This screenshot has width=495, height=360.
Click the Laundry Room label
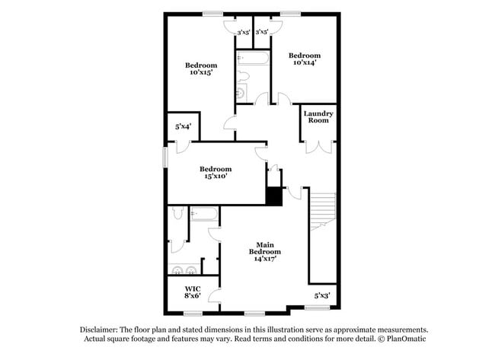tap(318, 117)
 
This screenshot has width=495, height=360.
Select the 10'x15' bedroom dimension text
tap(201, 73)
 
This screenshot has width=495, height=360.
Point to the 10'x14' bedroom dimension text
tap(304, 63)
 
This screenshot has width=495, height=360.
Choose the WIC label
tap(193, 288)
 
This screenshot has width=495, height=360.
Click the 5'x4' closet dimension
tap(183, 127)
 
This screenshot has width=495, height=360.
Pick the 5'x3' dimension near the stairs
tap(322, 295)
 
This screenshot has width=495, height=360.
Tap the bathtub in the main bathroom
tap(204, 214)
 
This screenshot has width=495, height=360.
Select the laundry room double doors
tap(318, 145)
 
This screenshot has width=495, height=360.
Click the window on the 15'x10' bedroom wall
tap(165, 155)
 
